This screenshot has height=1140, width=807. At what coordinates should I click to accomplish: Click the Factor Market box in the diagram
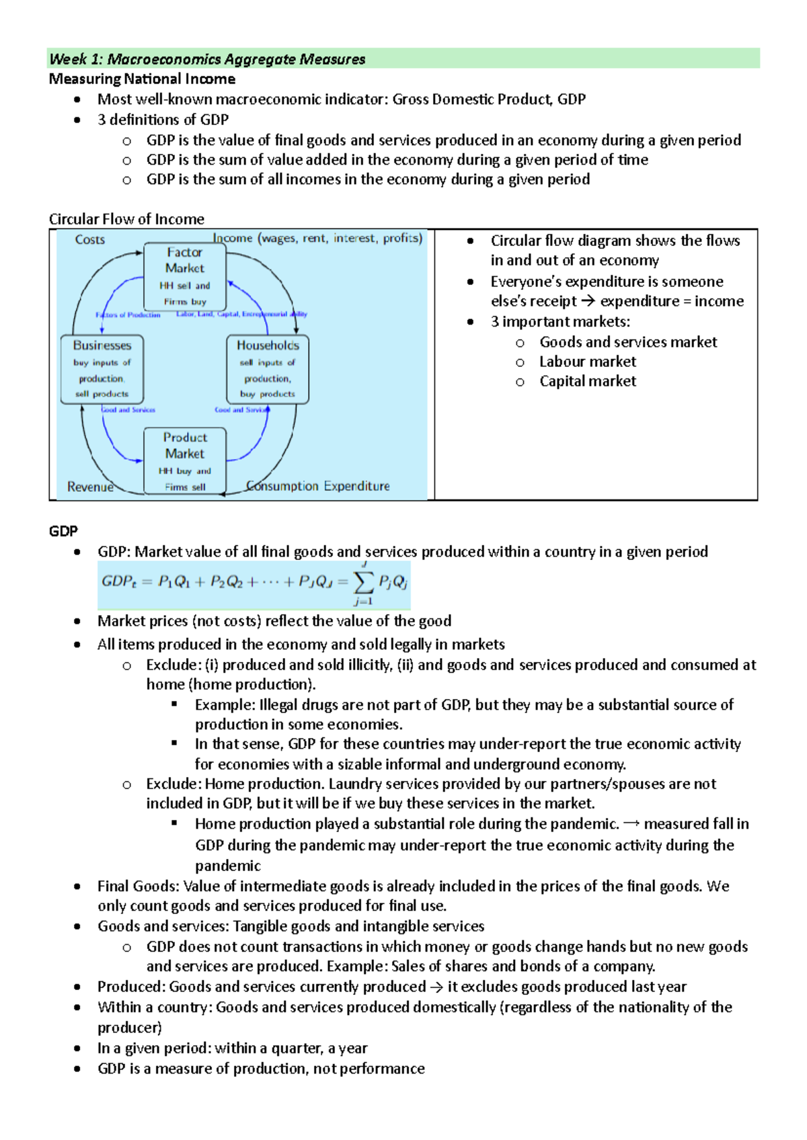(x=185, y=276)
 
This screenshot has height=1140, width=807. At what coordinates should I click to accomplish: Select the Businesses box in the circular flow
(x=102, y=369)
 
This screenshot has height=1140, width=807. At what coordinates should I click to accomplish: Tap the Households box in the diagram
(x=268, y=369)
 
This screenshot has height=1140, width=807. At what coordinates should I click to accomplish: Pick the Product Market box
(x=185, y=461)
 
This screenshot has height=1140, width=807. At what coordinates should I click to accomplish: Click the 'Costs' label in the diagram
(x=90, y=240)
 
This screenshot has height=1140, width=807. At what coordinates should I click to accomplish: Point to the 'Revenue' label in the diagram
(x=90, y=487)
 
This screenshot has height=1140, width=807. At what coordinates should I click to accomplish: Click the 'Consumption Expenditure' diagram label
(x=318, y=486)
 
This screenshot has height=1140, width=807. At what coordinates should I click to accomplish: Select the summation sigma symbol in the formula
(x=364, y=582)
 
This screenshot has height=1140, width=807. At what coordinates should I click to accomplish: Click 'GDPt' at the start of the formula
(x=119, y=581)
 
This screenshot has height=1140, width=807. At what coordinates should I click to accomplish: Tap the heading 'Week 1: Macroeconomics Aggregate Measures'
(x=207, y=59)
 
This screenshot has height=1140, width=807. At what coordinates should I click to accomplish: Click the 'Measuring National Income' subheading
(x=142, y=79)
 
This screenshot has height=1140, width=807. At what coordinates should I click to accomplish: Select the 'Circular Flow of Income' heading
(x=126, y=219)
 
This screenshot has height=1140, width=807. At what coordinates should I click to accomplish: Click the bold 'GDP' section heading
(x=63, y=531)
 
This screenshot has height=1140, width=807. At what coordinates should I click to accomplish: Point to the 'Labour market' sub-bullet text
(x=587, y=362)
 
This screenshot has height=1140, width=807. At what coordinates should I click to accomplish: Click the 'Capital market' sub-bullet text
(x=587, y=381)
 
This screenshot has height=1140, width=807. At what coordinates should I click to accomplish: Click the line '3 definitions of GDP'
(x=163, y=120)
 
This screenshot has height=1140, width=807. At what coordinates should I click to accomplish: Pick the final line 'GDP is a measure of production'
(x=261, y=1068)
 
